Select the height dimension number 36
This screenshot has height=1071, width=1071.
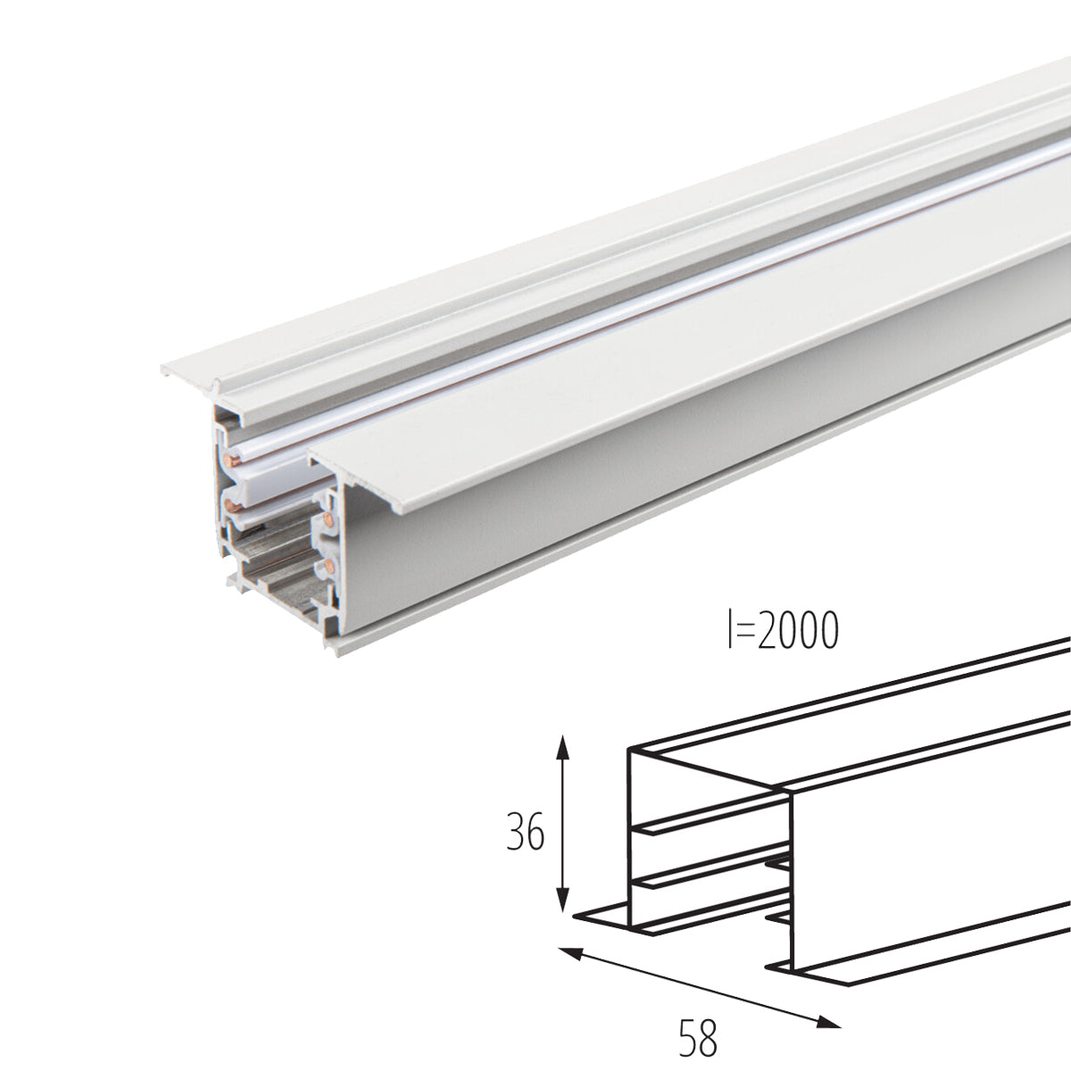click(524, 834)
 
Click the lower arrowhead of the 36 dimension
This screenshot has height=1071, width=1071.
click(562, 906)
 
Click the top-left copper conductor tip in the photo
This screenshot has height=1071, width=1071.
click(235, 461)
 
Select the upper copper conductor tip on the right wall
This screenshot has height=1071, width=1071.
click(329, 519)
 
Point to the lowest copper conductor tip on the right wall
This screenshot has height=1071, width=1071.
click(328, 564)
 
